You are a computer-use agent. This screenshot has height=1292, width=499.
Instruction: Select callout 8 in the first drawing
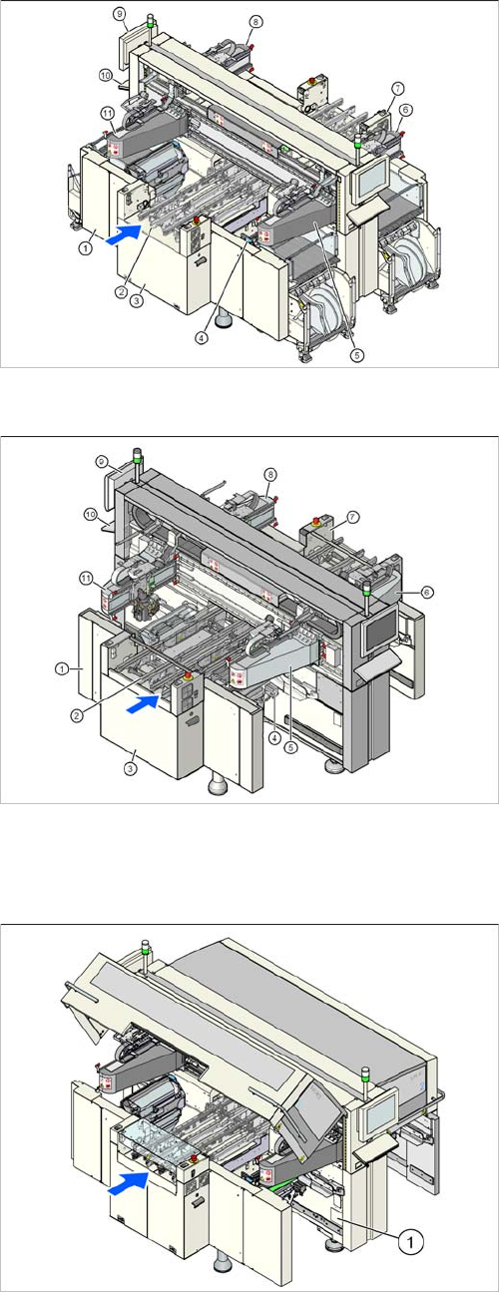pos(256,21)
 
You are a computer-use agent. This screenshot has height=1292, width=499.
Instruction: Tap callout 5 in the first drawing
pos(357,355)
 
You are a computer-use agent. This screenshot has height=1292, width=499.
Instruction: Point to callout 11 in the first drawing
pos(108,114)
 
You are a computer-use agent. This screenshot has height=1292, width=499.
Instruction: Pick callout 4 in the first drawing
pos(201,338)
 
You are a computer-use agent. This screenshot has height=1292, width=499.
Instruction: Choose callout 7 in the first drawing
pos(397,88)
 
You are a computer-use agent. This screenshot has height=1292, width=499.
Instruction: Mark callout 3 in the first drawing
pos(136,300)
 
